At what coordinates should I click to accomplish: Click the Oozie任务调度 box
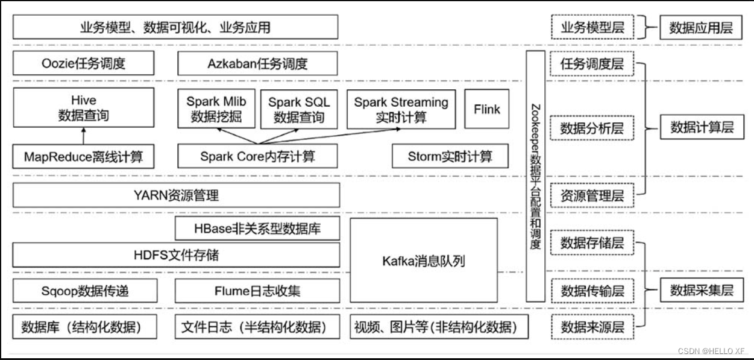click(x=84, y=63)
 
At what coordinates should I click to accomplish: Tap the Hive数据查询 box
click(x=84, y=108)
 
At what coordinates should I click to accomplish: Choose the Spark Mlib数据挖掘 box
click(x=216, y=109)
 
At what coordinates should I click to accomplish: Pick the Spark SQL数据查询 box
click(x=299, y=109)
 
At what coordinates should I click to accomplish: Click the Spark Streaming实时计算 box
click(x=401, y=109)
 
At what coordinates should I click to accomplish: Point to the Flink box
click(x=486, y=109)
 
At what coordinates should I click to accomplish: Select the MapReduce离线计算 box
click(x=84, y=157)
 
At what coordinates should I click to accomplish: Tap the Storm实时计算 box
click(x=450, y=157)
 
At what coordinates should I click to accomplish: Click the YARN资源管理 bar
click(x=176, y=195)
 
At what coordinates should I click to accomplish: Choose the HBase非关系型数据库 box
click(x=257, y=229)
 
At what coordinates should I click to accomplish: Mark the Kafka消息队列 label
click(x=424, y=261)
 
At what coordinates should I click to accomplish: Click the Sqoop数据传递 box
click(x=85, y=291)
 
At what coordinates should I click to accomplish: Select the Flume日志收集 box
click(x=257, y=291)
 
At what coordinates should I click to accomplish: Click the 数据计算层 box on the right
click(x=702, y=127)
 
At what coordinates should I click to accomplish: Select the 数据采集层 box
click(x=702, y=291)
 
